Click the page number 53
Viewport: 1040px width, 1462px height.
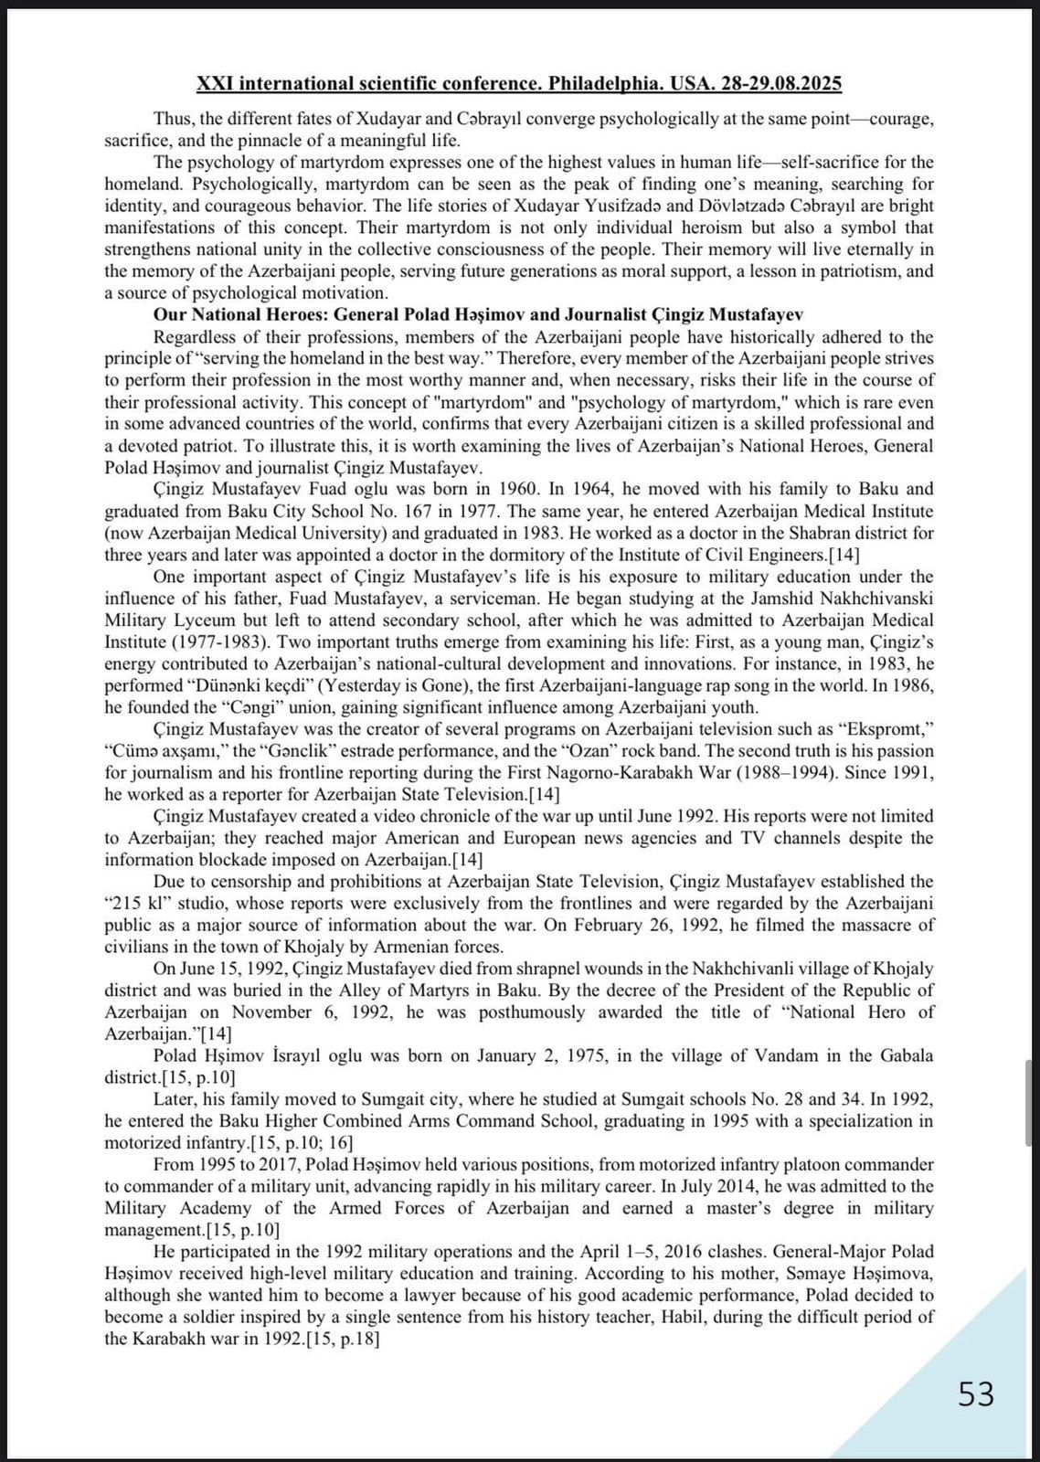coord(975,1395)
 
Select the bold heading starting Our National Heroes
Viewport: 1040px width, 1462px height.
coord(478,314)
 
